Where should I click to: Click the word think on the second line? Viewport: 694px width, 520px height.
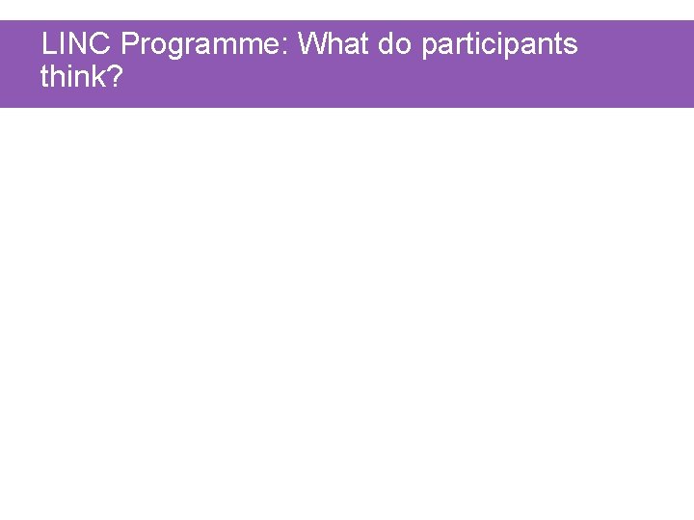[x=73, y=76]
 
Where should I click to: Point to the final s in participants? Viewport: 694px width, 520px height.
[x=571, y=45]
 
